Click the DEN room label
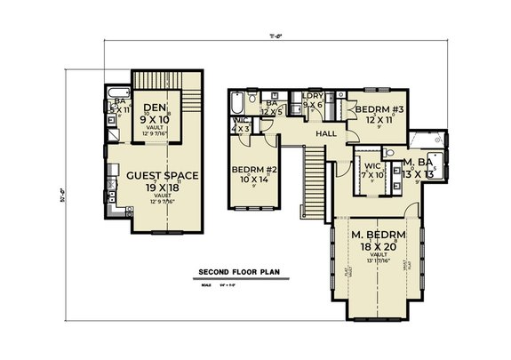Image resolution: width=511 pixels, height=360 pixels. [156, 108]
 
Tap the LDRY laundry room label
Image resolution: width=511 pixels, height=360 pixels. [312, 95]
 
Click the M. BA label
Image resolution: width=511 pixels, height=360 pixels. [417, 162]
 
